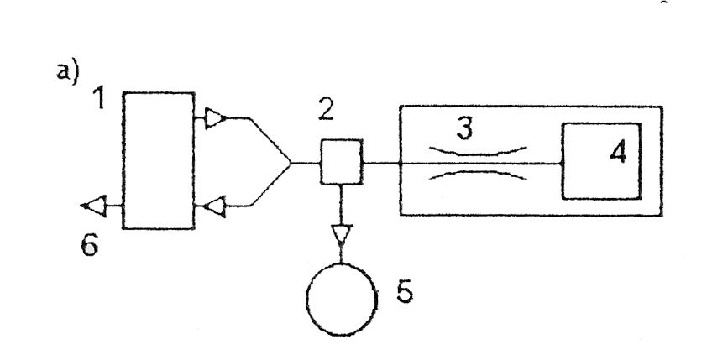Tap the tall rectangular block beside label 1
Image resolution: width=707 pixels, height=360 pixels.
pyautogui.click(x=158, y=160)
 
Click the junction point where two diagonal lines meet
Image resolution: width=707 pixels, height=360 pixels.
pyautogui.click(x=290, y=161)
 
